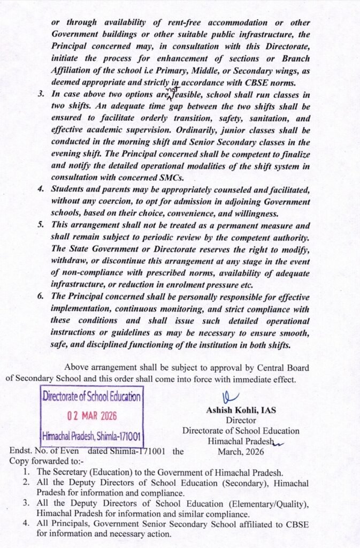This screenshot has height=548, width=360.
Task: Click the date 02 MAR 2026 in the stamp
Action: pos(91,416)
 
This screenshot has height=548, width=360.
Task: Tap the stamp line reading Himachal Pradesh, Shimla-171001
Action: pos(91,435)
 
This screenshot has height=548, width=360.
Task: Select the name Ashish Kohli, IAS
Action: pos(241,411)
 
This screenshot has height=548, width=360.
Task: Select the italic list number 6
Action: pos(41,296)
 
